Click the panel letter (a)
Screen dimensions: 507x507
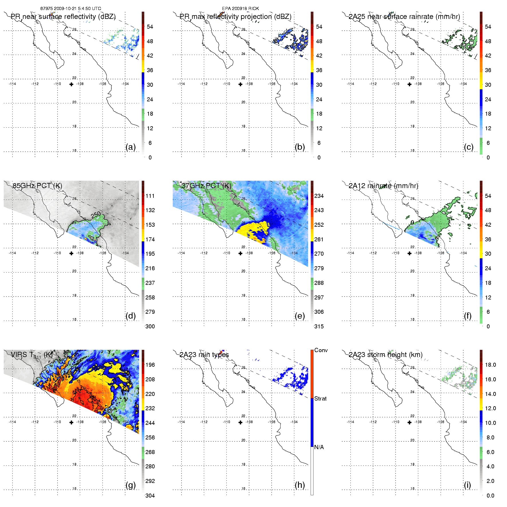pyautogui.click(x=131, y=147)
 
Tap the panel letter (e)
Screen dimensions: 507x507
pyautogui.click(x=300, y=316)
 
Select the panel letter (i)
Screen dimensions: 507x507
pyautogui.click(x=467, y=485)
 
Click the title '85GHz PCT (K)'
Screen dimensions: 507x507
pyautogui.click(x=37, y=186)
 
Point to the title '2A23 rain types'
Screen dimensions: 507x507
pyautogui.click(x=204, y=355)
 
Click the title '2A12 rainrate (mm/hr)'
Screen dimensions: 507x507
pyautogui.click(x=383, y=186)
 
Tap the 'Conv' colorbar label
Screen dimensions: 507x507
pyautogui.click(x=321, y=350)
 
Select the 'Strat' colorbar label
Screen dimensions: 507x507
pyautogui.click(x=320, y=399)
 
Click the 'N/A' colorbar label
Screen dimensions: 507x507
pyautogui.click(x=319, y=447)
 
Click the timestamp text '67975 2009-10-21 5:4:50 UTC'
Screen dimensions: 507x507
pyautogui.click(x=71, y=9)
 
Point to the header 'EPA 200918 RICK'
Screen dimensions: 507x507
pyautogui.click(x=240, y=9)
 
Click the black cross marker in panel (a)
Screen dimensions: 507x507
pyautogui.click(x=71, y=84)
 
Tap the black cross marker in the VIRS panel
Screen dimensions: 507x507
pyautogui.click(x=71, y=422)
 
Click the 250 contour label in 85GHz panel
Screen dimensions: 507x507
pyautogui.click(x=96, y=214)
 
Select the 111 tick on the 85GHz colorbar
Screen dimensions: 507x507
pyautogui.click(x=150, y=196)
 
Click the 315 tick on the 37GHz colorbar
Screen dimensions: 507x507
pyautogui.click(x=319, y=326)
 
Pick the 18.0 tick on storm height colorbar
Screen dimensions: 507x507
pyautogui.click(x=490, y=365)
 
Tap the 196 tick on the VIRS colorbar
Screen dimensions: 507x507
pyautogui.click(x=150, y=365)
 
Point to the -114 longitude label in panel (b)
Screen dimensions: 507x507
pyautogui.click(x=181, y=84)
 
